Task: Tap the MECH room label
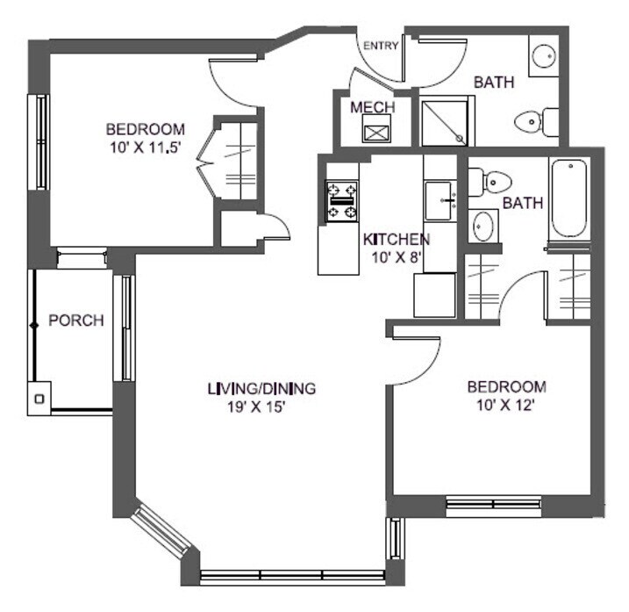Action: [372, 107]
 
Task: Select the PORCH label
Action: [75, 320]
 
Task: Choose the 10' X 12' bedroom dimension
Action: [505, 405]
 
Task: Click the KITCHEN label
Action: [396, 239]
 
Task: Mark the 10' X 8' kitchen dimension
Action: [395, 256]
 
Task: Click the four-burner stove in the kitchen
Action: [342, 201]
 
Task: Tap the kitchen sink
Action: [440, 201]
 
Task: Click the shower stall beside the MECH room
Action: [447, 122]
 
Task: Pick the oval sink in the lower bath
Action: [482, 227]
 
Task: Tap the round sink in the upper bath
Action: [543, 56]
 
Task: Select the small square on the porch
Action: [39, 399]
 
